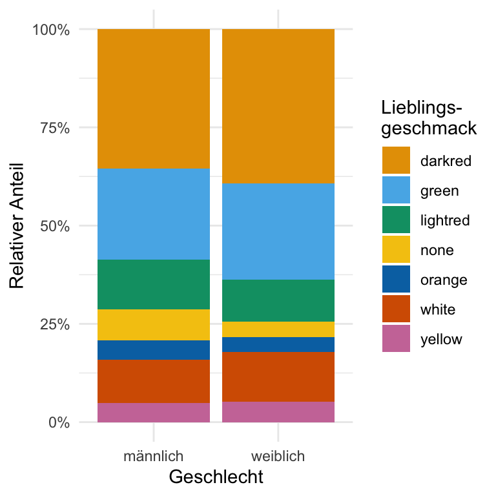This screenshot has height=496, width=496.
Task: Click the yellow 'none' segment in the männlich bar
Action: click(x=154, y=325)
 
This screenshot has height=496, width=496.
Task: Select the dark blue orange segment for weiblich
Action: click(x=278, y=344)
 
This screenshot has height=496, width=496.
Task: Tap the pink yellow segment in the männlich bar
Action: click(x=154, y=412)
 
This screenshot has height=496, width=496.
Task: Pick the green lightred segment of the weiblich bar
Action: click(x=278, y=300)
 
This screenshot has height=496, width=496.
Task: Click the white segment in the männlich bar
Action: click(x=154, y=381)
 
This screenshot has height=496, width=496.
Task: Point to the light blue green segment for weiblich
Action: click(x=278, y=231)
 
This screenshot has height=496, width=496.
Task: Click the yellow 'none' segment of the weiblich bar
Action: click(x=278, y=329)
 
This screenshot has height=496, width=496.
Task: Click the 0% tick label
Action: click(x=57, y=422)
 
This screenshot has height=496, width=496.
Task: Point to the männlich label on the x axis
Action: click(x=154, y=457)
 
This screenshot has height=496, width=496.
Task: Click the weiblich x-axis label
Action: click(x=278, y=457)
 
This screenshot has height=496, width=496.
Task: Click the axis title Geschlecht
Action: click(x=216, y=477)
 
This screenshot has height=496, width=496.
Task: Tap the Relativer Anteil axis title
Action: click(x=17, y=226)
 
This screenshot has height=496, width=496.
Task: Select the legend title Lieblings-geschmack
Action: click(x=429, y=118)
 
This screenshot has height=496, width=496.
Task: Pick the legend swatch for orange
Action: click(x=396, y=280)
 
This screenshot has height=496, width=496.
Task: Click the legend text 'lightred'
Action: click(x=444, y=221)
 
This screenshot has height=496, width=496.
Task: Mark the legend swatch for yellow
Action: click(x=396, y=339)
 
